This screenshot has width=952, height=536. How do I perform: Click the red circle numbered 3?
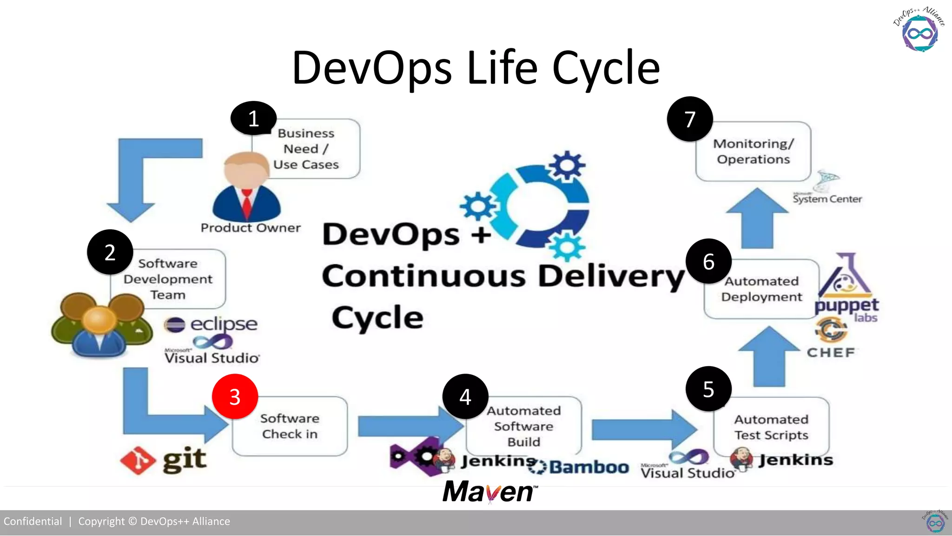tap(235, 396)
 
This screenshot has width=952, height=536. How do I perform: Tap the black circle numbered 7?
tap(690, 119)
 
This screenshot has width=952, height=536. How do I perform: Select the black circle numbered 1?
tap(253, 118)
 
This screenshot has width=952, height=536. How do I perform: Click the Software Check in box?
tap(290, 426)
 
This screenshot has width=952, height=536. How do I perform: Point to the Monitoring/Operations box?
tap(754, 152)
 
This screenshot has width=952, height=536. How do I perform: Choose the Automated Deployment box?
tap(761, 289)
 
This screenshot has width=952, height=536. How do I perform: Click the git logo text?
tap(185, 459)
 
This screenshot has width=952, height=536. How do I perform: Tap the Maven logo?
tap(490, 492)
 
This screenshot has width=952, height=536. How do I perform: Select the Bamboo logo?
tap(579, 467)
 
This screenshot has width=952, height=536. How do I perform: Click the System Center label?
tap(827, 199)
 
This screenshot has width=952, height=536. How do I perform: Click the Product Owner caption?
tap(251, 228)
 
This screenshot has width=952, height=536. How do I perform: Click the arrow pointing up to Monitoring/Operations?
tap(757, 218)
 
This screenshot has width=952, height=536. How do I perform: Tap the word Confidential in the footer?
tap(33, 522)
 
